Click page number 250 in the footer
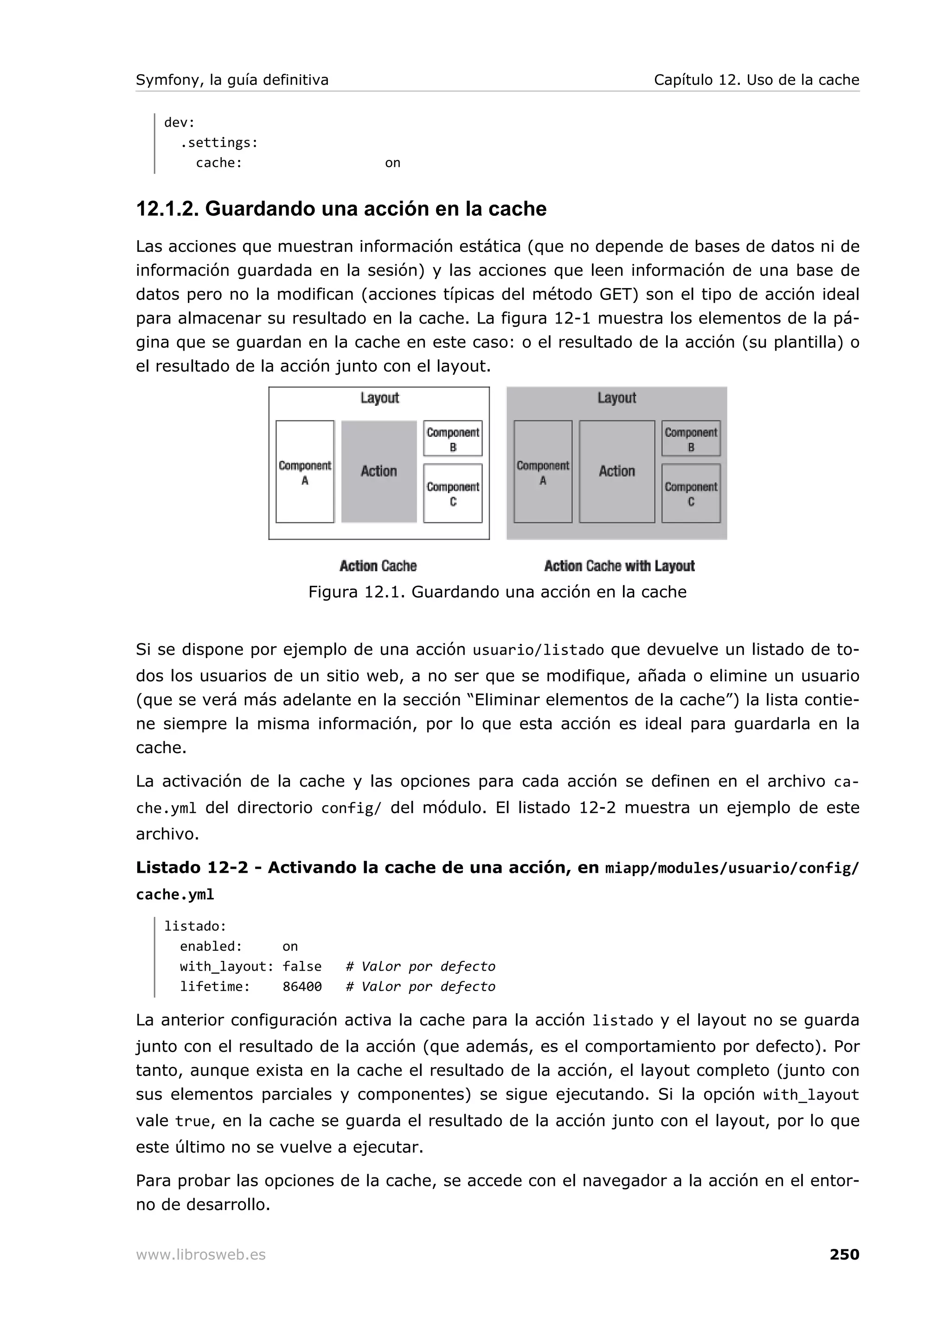click(843, 1254)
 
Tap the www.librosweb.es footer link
click(200, 1255)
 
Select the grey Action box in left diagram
click(379, 471)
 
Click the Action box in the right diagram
click(616, 471)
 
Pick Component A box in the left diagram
click(304, 472)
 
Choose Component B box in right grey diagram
click(691, 438)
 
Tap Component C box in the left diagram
click(452, 493)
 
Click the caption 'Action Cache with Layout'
click(619, 566)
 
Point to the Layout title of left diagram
click(379, 398)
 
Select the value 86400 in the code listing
click(302, 987)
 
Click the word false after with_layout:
click(302, 966)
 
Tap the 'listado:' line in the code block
click(195, 926)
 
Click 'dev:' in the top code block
click(179, 122)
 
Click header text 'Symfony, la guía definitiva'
click(232, 80)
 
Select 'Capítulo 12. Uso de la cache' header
click(756, 80)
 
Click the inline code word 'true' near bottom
click(192, 1121)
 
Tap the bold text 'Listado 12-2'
click(192, 868)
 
